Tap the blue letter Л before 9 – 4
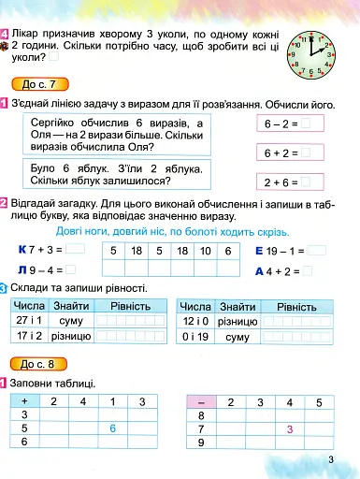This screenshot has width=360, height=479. (23, 271)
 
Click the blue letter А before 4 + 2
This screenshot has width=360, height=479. (259, 271)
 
